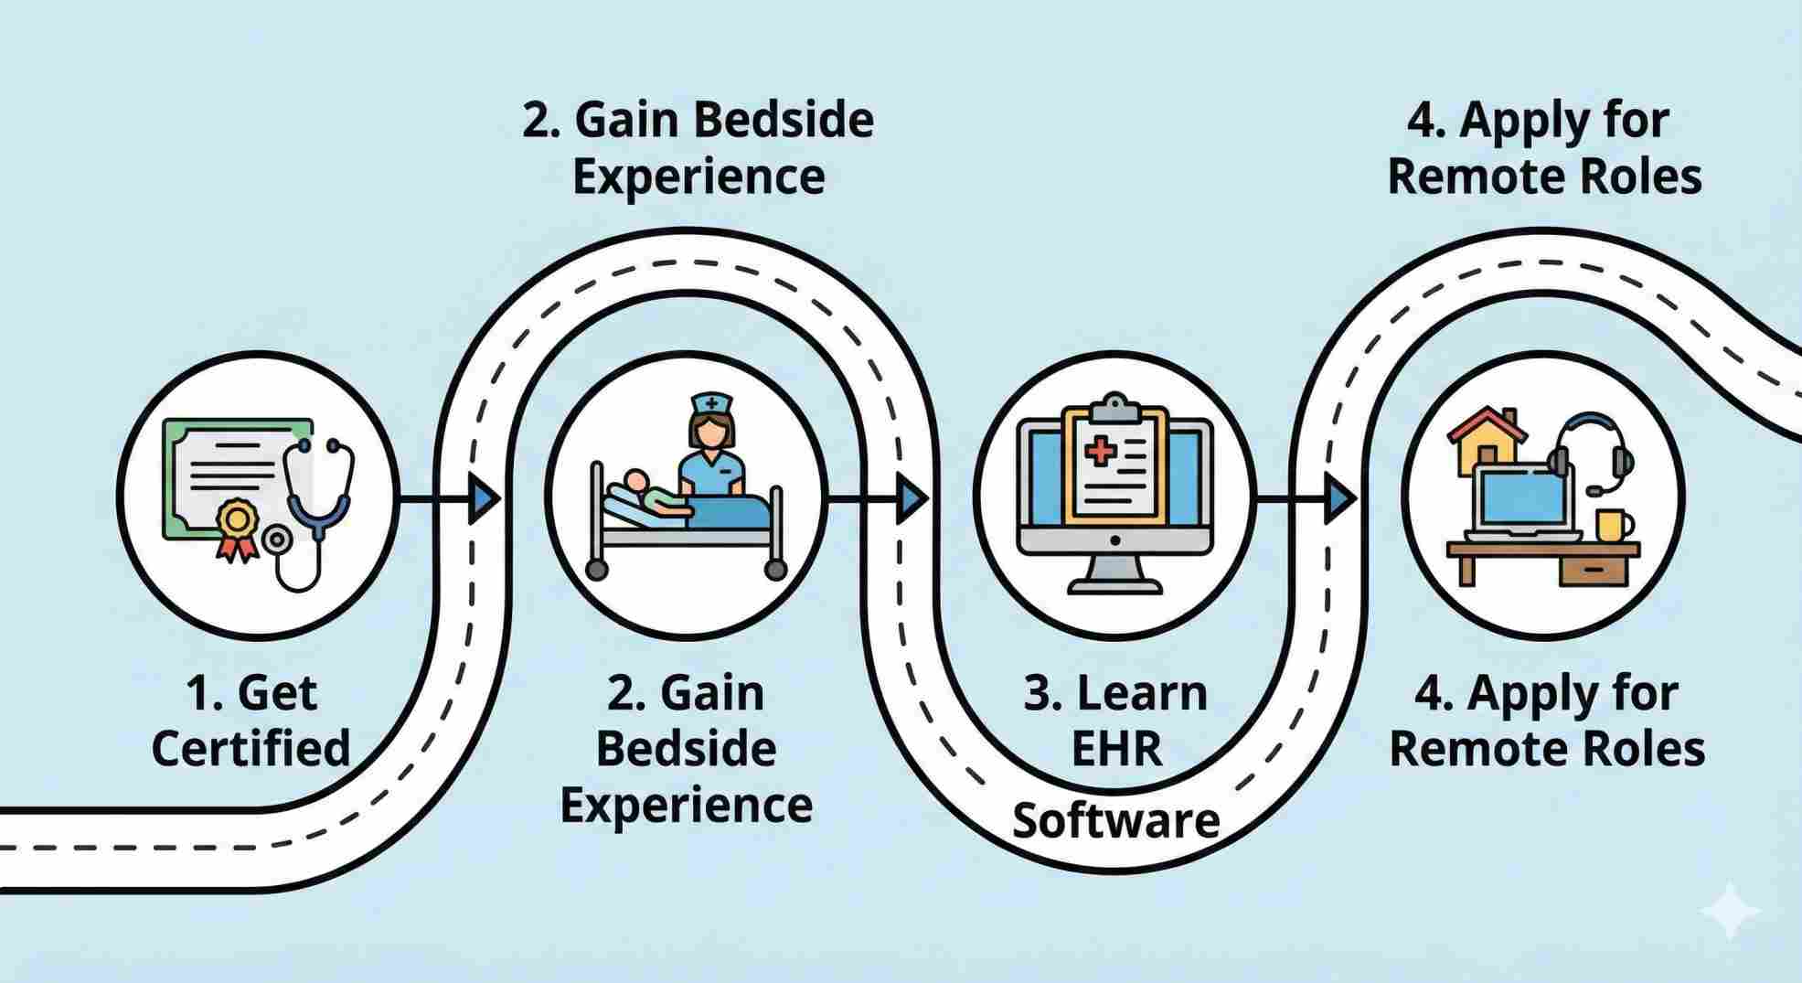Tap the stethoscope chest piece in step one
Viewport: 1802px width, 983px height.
[x=275, y=541]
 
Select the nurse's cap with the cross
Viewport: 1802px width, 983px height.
[x=710, y=403]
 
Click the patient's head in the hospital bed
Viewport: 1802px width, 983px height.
[x=634, y=481]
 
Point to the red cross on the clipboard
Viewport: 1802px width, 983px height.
[x=1101, y=452]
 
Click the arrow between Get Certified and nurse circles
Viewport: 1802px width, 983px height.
[x=482, y=499]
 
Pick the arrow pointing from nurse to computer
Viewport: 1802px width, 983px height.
[x=910, y=499]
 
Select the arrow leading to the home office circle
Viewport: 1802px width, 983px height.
[x=1339, y=499]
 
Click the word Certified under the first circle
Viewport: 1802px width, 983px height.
[x=251, y=749]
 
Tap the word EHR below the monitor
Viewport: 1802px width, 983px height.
[x=1116, y=749]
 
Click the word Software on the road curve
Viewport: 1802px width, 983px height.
[x=1116, y=820]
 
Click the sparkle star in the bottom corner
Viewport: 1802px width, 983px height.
[x=1731, y=911]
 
